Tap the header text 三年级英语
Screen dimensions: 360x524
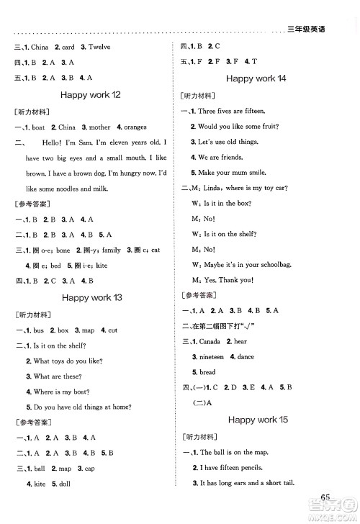(x=306, y=29)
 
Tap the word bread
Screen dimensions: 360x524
(x=207, y=372)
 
